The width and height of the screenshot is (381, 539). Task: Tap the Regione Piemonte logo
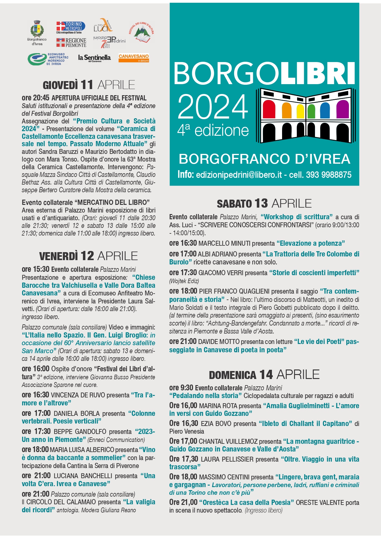click(x=71, y=43)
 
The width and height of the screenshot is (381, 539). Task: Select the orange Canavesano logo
click(x=134, y=58)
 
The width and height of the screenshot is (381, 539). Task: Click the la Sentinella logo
click(x=94, y=58)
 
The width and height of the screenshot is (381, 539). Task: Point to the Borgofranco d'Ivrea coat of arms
click(x=37, y=29)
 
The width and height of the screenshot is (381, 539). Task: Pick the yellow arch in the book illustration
click(x=300, y=111)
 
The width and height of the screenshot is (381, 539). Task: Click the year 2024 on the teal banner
click(x=213, y=107)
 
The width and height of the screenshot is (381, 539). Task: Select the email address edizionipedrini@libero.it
click(x=239, y=175)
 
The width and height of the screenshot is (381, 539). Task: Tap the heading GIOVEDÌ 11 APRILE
click(x=89, y=85)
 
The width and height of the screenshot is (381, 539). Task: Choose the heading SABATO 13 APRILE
click(x=264, y=203)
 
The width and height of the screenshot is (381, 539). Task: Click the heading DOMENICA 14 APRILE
click(x=264, y=375)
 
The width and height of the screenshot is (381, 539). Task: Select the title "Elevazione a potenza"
click(x=311, y=244)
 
